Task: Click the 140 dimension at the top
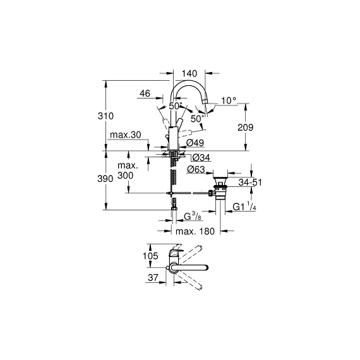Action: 189,74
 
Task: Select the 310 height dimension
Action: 105,116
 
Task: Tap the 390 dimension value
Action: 105,179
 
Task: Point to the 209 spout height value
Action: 245,128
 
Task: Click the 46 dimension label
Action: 145,93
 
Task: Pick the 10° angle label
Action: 229,100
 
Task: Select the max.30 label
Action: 125,135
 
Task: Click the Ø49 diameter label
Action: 195,143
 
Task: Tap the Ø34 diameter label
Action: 201,158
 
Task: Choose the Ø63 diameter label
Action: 196,169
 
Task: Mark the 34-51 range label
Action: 250,183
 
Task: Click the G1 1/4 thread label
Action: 244,207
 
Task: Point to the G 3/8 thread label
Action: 193,216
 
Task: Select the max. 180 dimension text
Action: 195,231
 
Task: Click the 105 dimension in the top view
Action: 150,256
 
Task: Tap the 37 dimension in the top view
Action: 153,277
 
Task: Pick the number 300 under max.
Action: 125,176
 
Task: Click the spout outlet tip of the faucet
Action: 205,100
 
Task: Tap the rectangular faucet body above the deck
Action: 173,138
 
